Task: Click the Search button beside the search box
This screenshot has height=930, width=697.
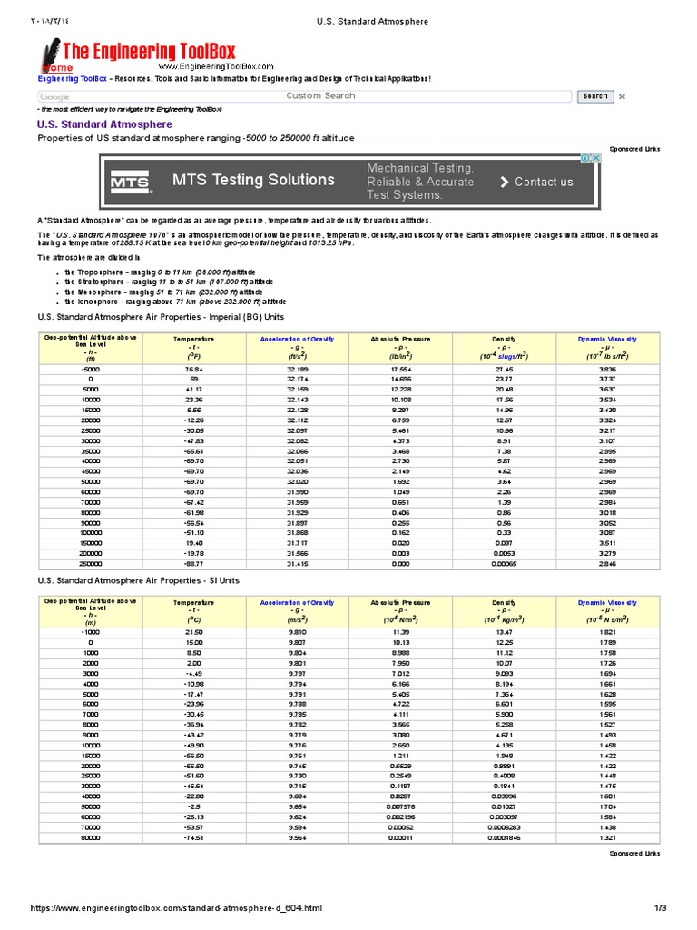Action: [595, 96]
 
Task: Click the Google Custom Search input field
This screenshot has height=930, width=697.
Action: [304, 96]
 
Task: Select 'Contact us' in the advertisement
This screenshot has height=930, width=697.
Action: [536, 182]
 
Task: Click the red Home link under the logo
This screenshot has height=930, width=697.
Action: [56, 68]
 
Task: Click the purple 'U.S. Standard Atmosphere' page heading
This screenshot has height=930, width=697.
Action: [104, 124]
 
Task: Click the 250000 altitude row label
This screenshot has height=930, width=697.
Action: [90, 564]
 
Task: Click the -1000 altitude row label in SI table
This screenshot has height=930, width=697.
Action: [90, 633]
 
